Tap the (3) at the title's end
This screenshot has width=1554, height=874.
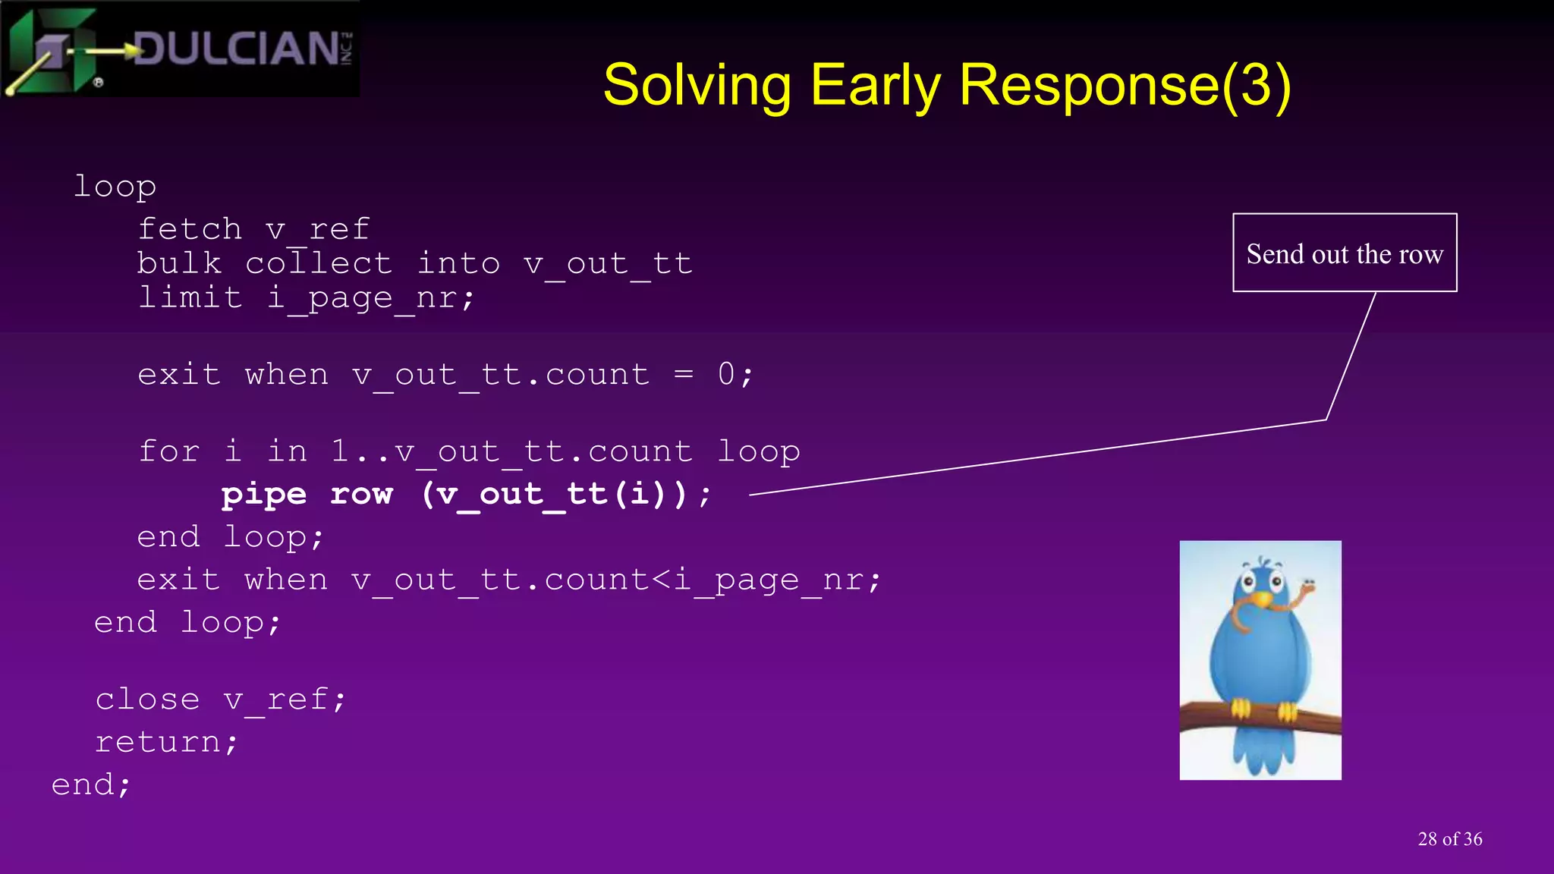(x=1256, y=85)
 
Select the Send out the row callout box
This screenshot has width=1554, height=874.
(x=1345, y=253)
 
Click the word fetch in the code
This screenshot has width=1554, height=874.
(x=190, y=228)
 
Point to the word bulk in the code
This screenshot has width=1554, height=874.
(x=179, y=263)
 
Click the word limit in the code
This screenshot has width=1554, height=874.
(x=190, y=297)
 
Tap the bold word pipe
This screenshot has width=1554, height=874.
(x=263, y=494)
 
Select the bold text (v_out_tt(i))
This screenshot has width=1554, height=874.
(x=555, y=494)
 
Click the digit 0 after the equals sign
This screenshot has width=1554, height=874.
(x=726, y=374)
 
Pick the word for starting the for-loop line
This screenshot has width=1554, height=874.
(x=168, y=451)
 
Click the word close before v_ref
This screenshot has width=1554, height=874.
(x=147, y=699)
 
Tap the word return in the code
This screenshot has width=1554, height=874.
(x=157, y=741)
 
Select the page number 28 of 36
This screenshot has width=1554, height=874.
(x=1449, y=839)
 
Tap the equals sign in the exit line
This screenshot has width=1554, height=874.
(x=683, y=374)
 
